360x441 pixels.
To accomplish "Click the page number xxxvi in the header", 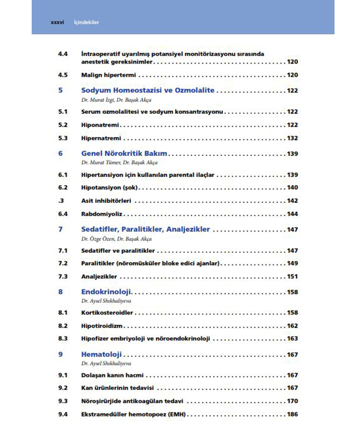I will point(57,22).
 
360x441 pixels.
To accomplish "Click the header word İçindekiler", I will point(86,22).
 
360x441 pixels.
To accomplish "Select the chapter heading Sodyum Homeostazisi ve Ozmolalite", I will point(148,90).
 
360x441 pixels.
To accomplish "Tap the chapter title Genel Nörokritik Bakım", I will point(124,153).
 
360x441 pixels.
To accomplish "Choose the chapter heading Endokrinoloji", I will point(106,292).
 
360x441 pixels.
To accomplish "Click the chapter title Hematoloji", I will point(101,354).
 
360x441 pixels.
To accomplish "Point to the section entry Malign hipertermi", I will point(108,75).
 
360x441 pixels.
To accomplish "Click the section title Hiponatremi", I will point(100,125).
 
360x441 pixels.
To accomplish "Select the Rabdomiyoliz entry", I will point(102,214).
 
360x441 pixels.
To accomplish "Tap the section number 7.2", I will point(63,263).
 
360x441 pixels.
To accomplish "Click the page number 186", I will point(292,414).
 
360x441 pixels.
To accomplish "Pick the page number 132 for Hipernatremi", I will point(292,138).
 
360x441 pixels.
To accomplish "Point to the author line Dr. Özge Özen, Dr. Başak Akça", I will point(116,239).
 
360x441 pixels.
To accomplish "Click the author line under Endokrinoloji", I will point(106,301).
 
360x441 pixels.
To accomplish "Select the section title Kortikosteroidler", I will point(107,313).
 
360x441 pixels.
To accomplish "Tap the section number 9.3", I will point(63,401).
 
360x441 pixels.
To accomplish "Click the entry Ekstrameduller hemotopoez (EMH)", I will point(133,414).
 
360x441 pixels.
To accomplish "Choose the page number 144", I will point(292,214).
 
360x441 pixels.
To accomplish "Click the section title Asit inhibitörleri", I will point(106,201).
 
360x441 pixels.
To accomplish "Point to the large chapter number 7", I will point(61,229).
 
